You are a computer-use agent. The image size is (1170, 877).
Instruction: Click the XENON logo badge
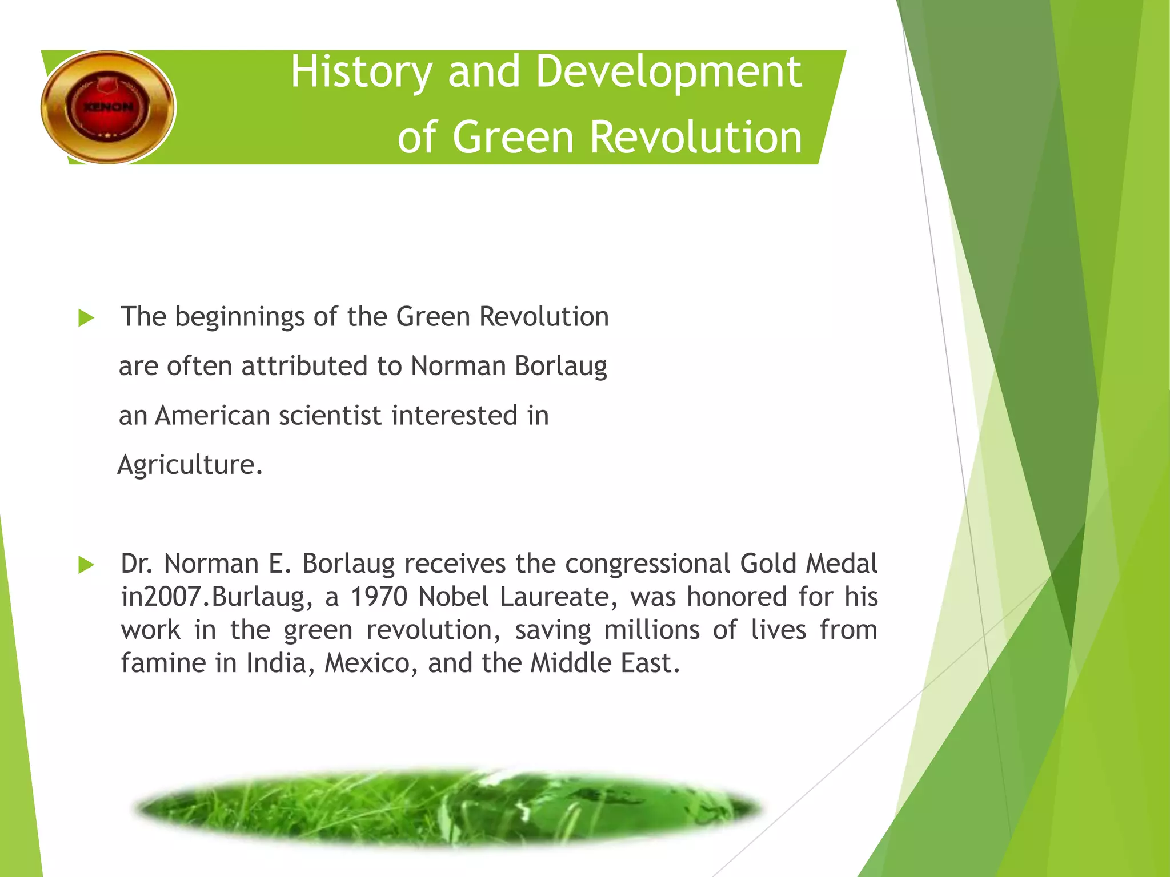tap(108, 107)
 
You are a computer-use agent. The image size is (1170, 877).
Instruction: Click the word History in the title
tap(361, 73)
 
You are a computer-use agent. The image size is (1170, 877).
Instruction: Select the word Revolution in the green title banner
tap(695, 138)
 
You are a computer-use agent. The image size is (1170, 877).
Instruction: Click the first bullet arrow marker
tap(86, 318)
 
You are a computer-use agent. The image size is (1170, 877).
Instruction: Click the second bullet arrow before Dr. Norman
tap(86, 565)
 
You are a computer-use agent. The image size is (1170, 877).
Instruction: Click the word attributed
tap(304, 366)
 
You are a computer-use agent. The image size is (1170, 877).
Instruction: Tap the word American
tap(211, 416)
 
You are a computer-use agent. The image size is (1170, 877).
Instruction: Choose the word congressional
tap(648, 564)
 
